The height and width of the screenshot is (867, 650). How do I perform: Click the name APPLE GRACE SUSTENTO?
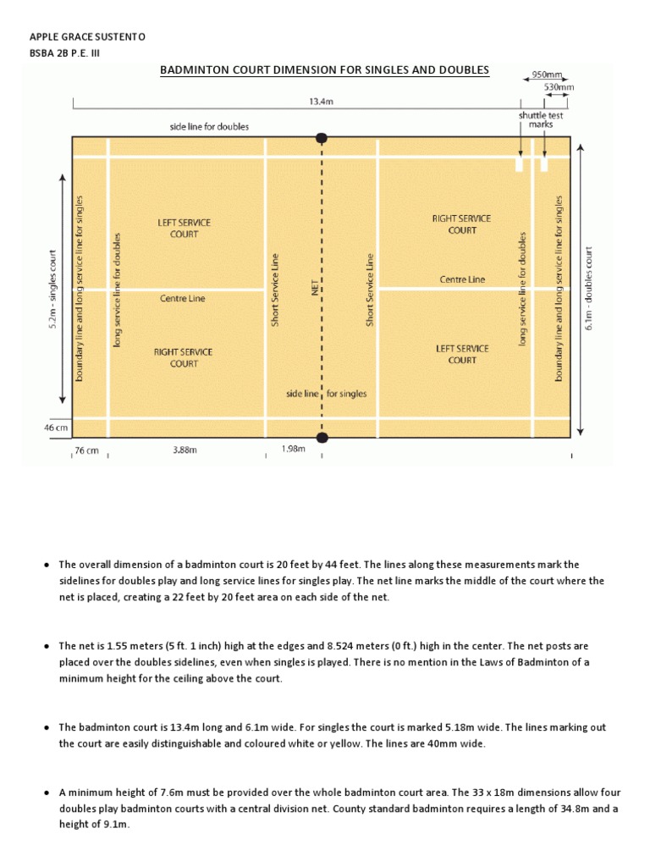[88, 37]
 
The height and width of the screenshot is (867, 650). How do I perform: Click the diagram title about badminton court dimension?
[325, 69]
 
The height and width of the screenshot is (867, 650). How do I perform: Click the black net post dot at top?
[322, 138]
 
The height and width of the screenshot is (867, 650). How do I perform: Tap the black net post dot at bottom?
[322, 437]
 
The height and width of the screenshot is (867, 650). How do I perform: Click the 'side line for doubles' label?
[209, 127]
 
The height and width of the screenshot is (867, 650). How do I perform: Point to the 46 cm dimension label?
[57, 428]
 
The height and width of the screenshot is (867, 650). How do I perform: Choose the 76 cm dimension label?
[86, 451]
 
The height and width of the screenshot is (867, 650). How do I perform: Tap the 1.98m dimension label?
[293, 450]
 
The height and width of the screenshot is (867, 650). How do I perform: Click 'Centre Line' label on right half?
[462, 279]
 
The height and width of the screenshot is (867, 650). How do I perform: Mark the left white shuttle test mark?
[518, 163]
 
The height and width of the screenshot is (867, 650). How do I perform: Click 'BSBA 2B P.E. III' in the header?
[68, 53]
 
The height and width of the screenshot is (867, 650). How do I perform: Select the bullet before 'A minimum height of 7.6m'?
[47, 793]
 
